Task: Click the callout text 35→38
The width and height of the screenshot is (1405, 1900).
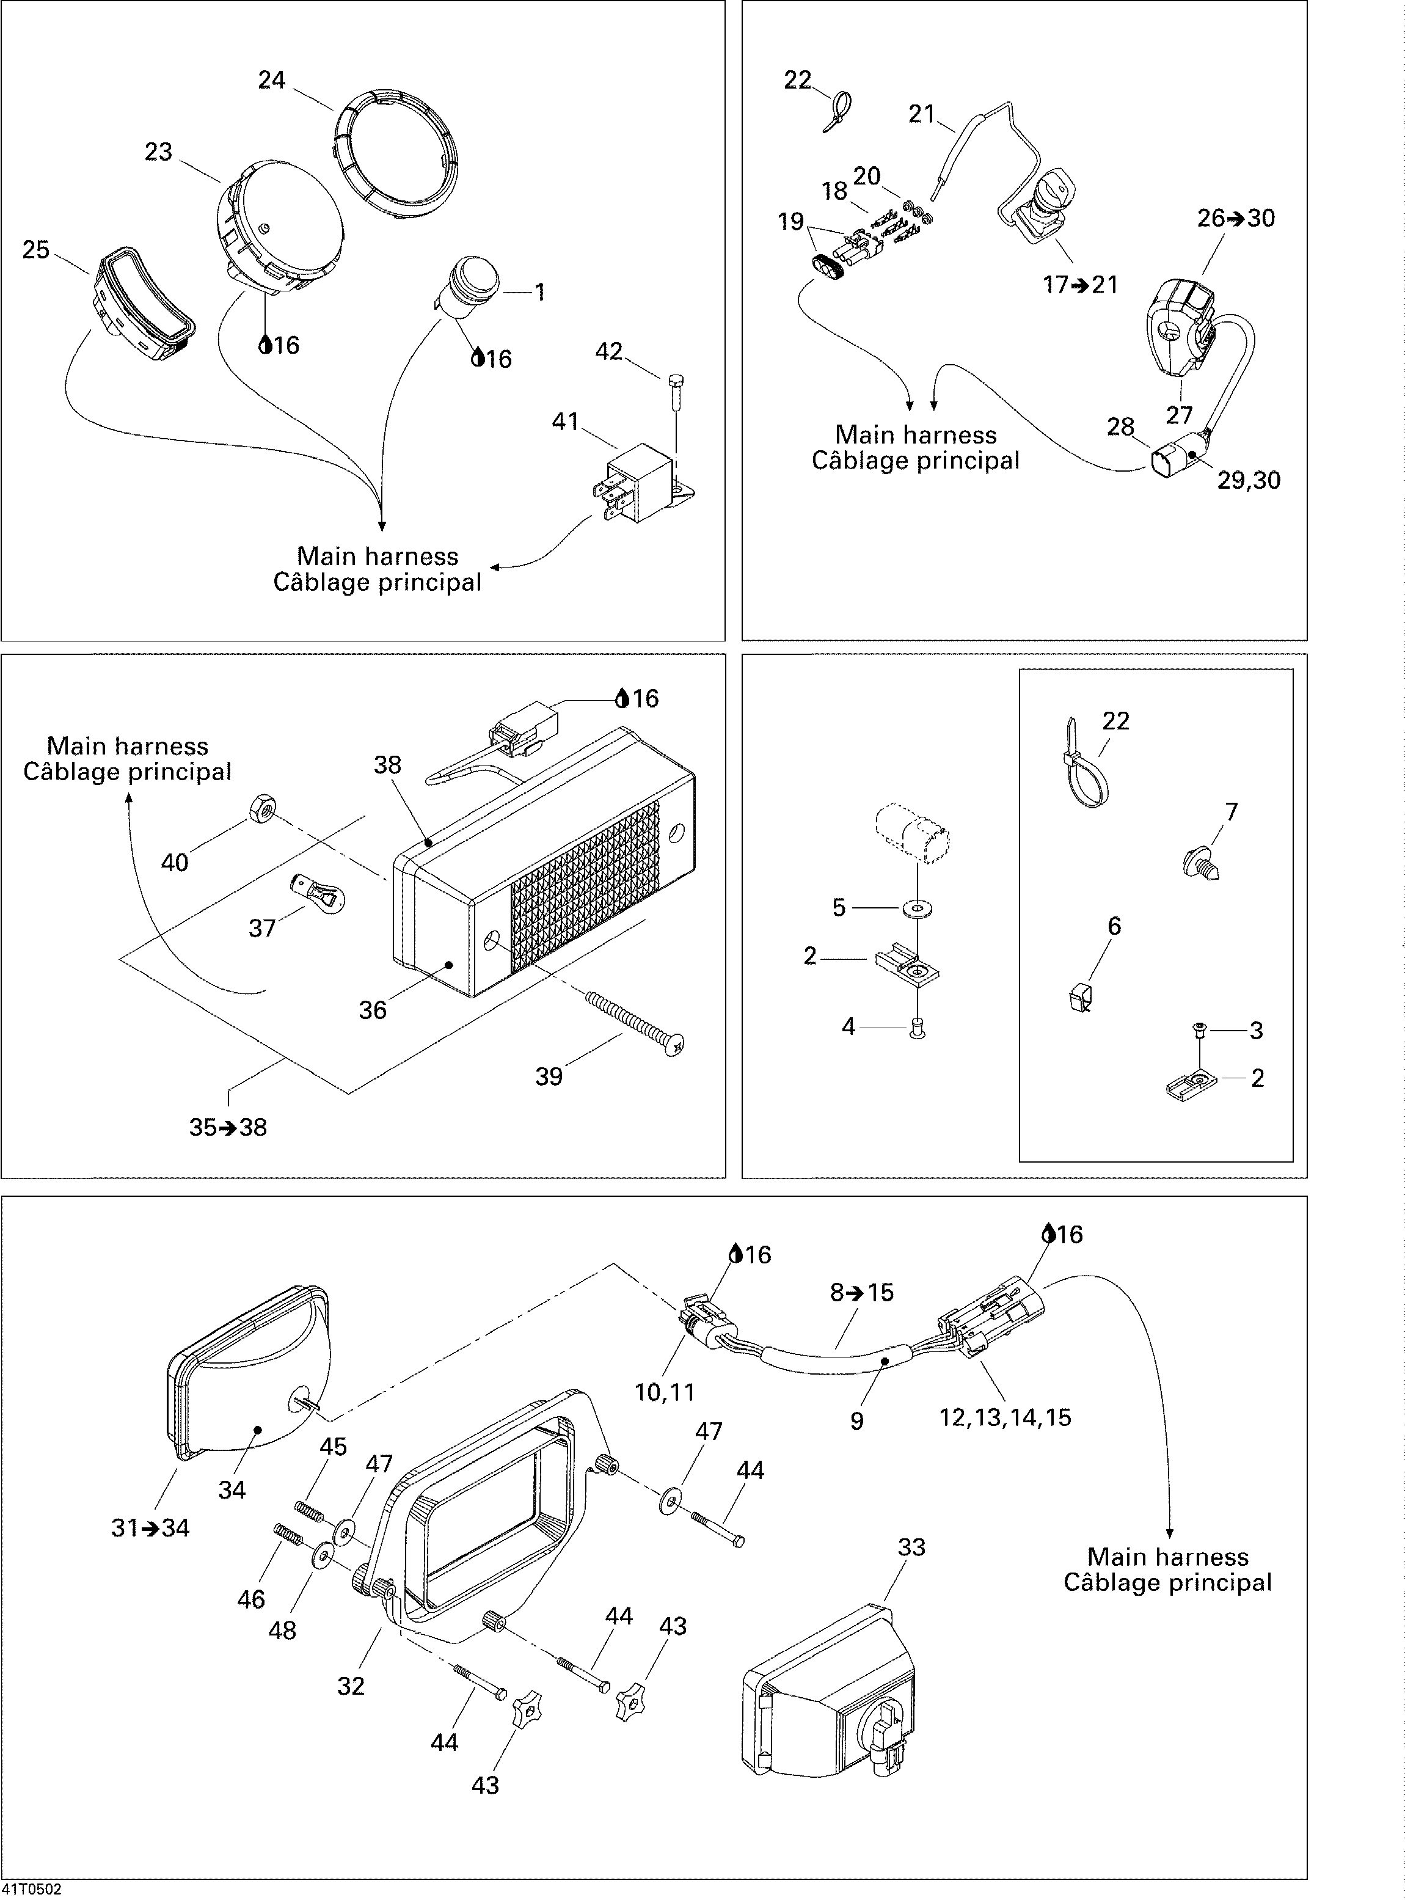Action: [x=228, y=1127]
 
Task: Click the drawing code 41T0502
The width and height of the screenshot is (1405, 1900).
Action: [x=32, y=1889]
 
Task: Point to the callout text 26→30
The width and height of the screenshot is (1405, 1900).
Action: [x=1236, y=219]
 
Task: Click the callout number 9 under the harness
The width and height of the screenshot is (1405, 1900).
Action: [x=856, y=1420]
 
